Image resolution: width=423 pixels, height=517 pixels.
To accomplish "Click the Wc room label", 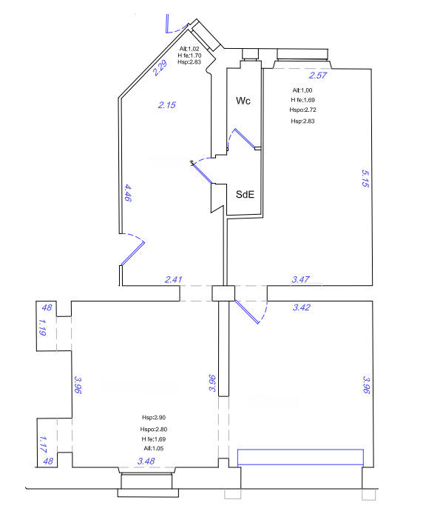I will (x=243, y=100).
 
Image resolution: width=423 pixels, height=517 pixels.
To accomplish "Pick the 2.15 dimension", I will (x=167, y=105).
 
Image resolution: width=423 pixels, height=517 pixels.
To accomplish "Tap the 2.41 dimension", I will (x=173, y=279).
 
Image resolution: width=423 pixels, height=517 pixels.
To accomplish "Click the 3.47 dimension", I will (x=301, y=279).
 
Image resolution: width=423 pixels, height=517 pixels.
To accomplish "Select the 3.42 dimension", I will (x=302, y=307).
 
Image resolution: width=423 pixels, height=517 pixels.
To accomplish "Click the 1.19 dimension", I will (x=42, y=327).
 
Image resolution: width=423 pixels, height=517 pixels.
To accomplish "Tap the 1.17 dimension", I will (x=42, y=443).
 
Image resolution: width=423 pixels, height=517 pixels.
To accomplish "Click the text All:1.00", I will (x=302, y=90).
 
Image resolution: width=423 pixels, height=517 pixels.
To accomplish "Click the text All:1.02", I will (x=189, y=49).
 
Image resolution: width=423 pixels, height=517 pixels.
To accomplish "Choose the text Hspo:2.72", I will (x=302, y=110).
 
